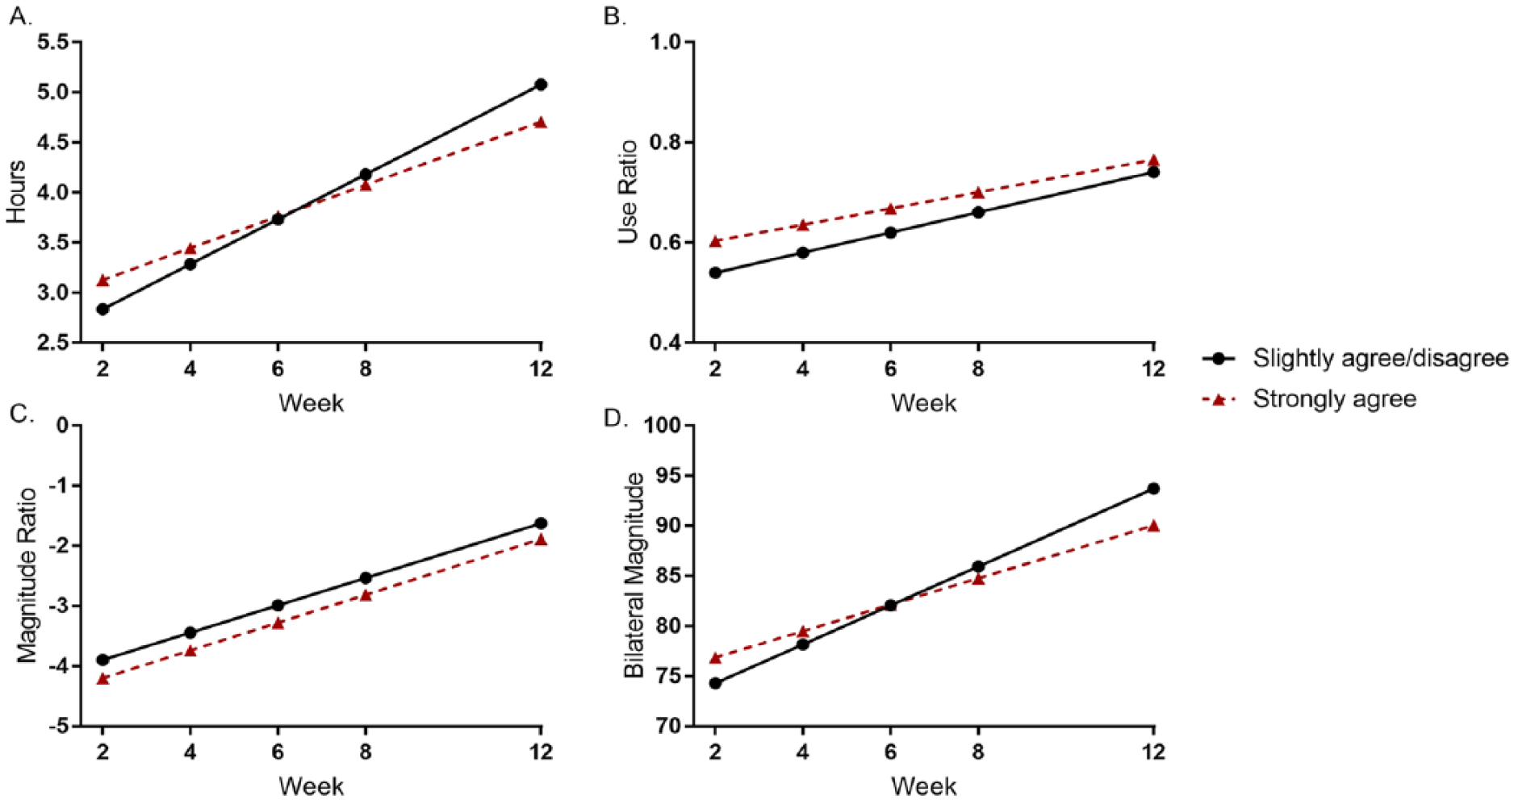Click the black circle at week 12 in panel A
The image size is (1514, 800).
point(541,85)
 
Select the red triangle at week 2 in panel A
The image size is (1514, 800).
point(102,281)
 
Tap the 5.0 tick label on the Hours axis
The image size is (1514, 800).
point(55,92)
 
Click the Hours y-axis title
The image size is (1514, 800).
point(16,192)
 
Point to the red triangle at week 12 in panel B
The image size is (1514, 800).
point(1153,160)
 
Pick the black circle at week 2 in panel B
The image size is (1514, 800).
point(715,273)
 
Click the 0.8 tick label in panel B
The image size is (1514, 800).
point(667,143)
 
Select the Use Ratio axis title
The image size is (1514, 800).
point(628,192)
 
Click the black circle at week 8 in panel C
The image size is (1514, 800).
point(366,577)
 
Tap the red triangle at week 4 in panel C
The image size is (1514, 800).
point(190,650)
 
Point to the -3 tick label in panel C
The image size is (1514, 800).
point(60,606)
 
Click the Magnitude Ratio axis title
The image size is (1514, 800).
point(27,576)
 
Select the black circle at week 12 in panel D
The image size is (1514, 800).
point(1153,489)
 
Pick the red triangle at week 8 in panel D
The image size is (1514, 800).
point(978,578)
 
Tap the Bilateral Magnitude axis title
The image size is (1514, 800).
point(634,576)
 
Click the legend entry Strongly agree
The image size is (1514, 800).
point(1334,399)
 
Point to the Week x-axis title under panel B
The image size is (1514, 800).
point(924,402)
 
